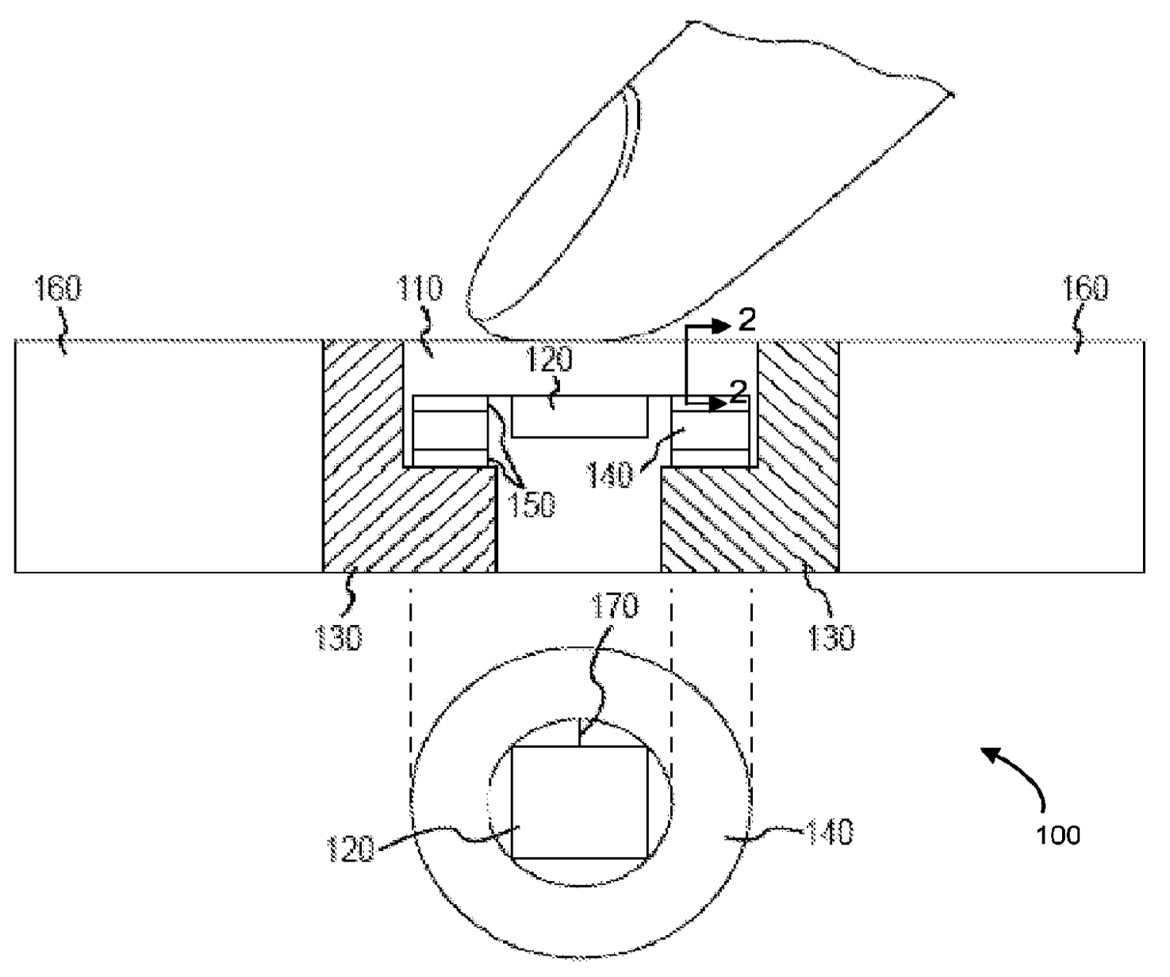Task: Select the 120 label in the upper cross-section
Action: click(551, 361)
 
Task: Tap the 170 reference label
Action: click(615, 607)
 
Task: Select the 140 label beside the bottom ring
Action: click(830, 833)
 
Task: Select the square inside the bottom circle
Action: click(579, 803)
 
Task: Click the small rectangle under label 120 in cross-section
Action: click(579, 417)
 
